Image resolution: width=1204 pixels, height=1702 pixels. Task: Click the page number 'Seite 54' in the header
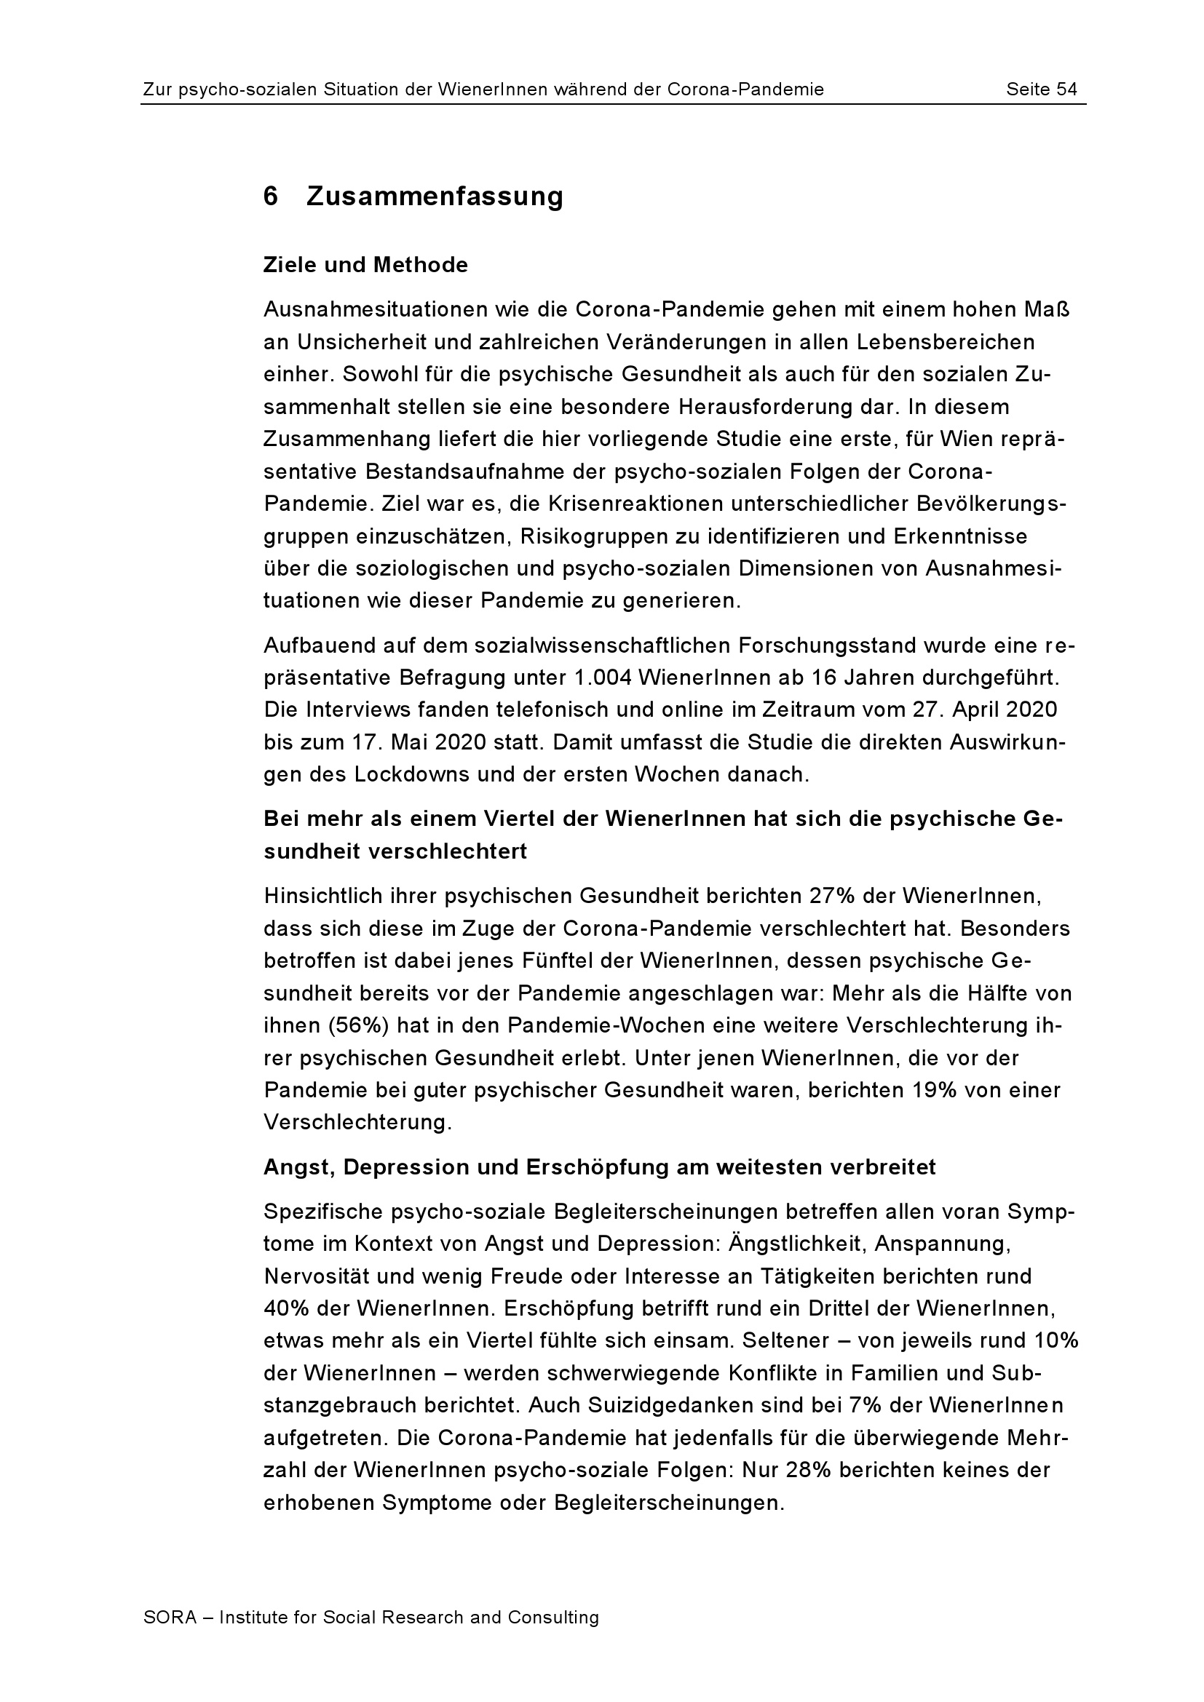pyautogui.click(x=1041, y=90)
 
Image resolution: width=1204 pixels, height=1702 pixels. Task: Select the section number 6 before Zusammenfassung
pyautogui.click(x=271, y=196)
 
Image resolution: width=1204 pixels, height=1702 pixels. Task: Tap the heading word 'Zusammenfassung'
pyautogui.click(x=435, y=196)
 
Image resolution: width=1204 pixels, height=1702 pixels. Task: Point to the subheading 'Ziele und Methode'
pyautogui.click(x=365, y=265)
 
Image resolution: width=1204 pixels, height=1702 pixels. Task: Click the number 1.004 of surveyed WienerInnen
pyautogui.click(x=601, y=677)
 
